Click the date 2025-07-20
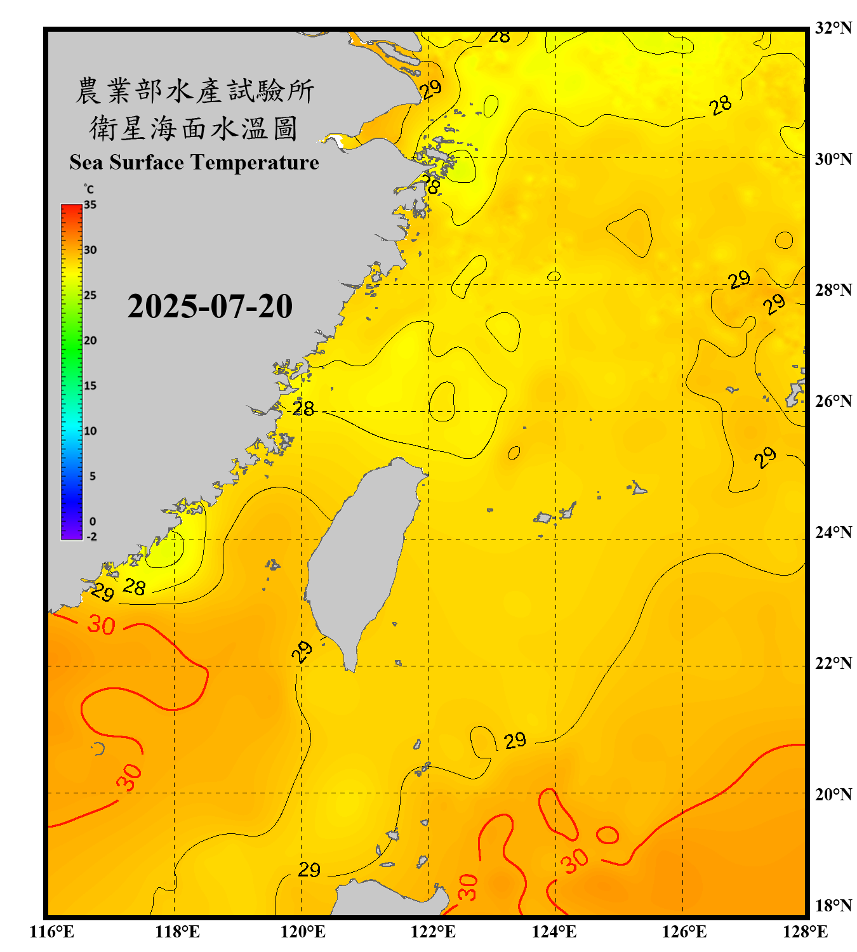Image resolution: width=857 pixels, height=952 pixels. point(209,307)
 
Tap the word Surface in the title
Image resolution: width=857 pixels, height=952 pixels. point(147,162)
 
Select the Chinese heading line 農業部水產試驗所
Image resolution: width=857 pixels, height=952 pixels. point(195,91)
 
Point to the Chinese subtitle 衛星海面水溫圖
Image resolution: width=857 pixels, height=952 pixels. point(194,128)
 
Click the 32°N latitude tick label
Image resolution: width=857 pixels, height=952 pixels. point(833,28)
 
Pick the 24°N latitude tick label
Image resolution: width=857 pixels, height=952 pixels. point(833,532)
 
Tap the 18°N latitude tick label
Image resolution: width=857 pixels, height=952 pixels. point(833,905)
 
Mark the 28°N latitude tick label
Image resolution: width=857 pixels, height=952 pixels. point(833,290)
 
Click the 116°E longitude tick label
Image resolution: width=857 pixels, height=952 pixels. point(52,932)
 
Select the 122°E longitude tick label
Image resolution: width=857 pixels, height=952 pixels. point(433,932)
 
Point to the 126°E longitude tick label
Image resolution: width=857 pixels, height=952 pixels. point(684,932)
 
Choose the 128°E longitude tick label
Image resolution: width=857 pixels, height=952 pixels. point(805,932)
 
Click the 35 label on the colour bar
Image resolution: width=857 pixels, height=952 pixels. point(90,205)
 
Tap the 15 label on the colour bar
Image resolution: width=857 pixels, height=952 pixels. point(90,386)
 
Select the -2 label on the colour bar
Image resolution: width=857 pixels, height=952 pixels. point(91,537)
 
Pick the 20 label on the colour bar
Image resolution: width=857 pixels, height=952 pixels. point(90,341)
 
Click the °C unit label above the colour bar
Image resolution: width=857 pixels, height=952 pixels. point(88,189)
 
